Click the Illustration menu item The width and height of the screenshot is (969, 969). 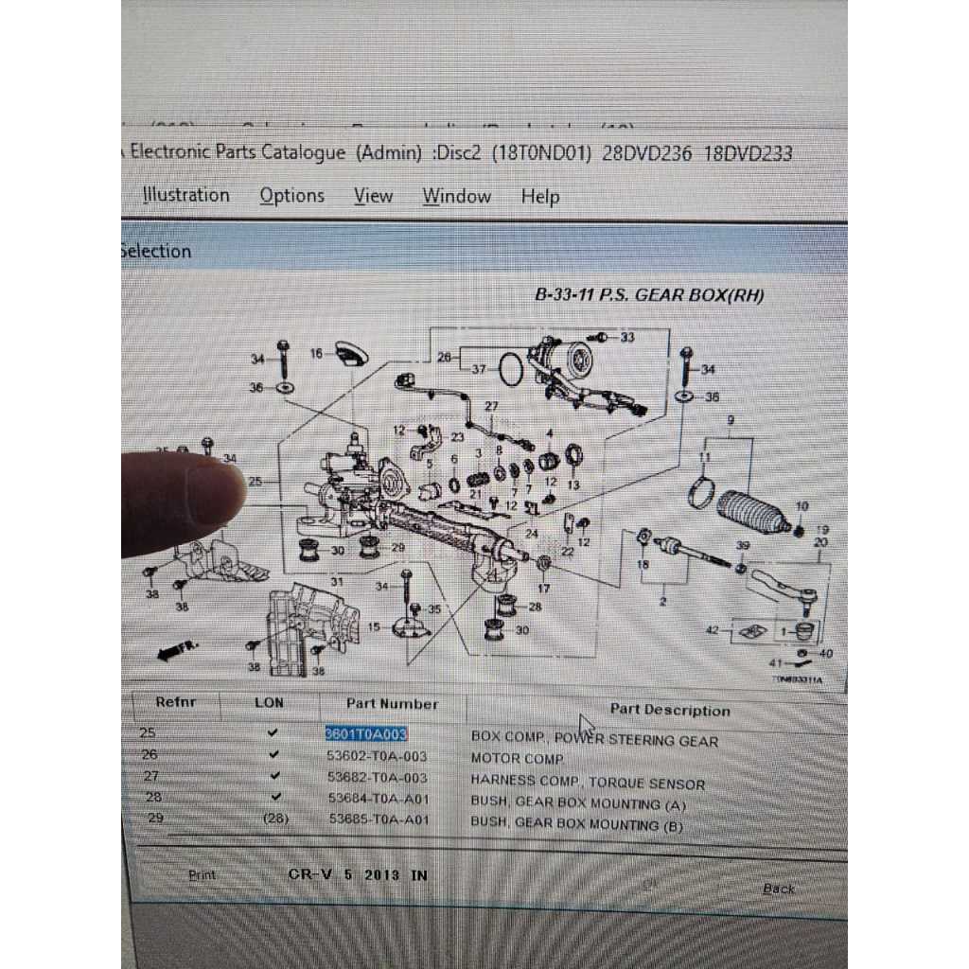186,195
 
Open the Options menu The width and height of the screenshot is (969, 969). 291,196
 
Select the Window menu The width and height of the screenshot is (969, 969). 456,197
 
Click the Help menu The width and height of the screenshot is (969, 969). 539,197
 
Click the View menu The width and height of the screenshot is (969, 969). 373,196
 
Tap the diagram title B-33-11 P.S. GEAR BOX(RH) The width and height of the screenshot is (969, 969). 649,295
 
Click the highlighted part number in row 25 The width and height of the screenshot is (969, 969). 366,733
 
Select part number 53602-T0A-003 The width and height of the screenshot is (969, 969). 378,756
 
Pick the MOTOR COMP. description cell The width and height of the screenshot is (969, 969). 518,759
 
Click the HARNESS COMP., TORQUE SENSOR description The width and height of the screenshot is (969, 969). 588,783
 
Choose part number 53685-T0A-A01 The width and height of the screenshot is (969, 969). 378,819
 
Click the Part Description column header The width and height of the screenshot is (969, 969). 669,710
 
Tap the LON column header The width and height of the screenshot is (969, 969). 269,702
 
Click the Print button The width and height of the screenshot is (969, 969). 202,875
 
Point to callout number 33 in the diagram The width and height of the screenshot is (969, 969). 627,337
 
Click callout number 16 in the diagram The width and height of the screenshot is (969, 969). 317,354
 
